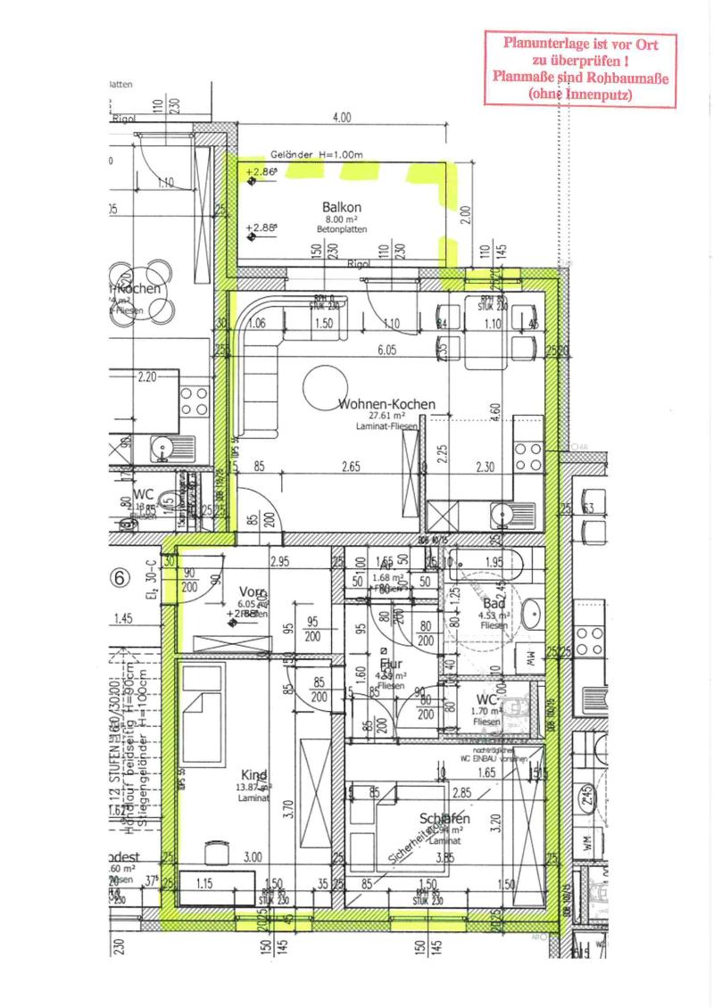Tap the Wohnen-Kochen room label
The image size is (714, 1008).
click(386, 404)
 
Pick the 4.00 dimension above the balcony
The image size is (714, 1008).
click(341, 118)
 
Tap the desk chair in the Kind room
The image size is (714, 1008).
click(215, 852)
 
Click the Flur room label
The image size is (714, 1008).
click(391, 665)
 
